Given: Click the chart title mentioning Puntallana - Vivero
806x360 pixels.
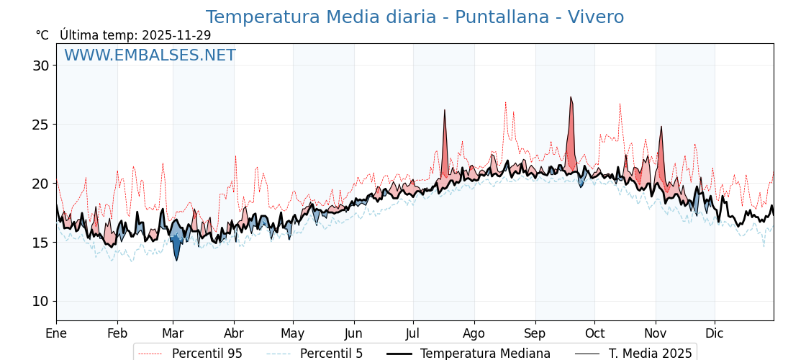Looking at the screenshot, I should (x=415, y=17).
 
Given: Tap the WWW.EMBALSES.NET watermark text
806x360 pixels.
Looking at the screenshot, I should (x=150, y=55).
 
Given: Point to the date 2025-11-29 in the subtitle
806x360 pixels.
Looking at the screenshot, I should (x=176, y=35).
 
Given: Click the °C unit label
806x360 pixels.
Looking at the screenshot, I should (x=42, y=35).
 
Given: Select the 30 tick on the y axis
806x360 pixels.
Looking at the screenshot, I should (x=40, y=66).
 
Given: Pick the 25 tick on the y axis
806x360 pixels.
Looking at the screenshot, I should (x=40, y=125).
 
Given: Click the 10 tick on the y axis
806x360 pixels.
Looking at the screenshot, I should (x=40, y=301).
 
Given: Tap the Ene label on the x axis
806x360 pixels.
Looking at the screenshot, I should (x=56, y=333).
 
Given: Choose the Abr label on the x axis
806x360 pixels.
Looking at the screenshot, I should (x=234, y=333).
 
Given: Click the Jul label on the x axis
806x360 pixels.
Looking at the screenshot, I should (x=413, y=333).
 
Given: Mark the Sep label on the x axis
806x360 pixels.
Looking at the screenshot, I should (x=535, y=333).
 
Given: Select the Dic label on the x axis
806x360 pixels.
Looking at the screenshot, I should (x=715, y=333).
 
